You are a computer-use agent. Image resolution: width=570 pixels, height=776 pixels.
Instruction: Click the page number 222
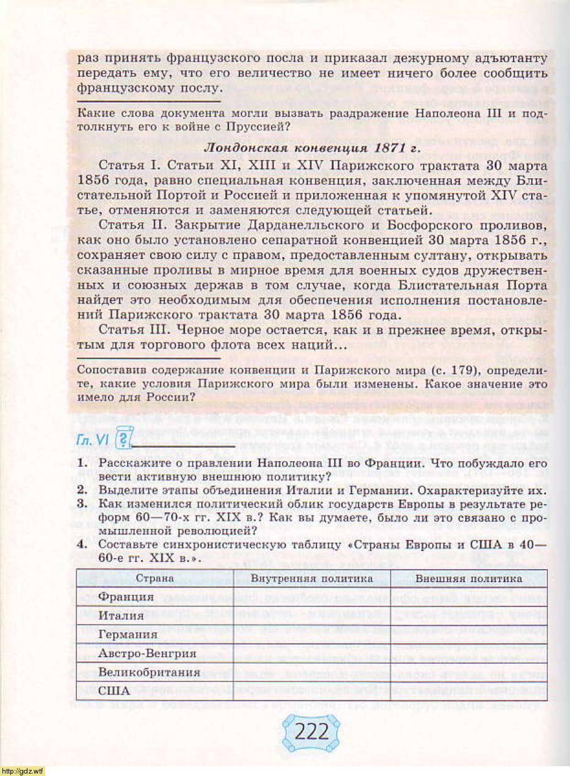tap(311, 731)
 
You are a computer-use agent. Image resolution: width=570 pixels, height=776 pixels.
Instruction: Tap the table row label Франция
tap(126, 597)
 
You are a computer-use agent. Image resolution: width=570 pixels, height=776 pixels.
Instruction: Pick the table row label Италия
tap(121, 616)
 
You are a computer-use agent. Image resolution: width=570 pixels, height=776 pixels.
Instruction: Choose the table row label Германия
tap(128, 634)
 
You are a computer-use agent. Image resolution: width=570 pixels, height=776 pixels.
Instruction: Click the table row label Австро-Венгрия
tap(147, 653)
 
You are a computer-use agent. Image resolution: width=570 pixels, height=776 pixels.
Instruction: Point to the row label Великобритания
tap(150, 672)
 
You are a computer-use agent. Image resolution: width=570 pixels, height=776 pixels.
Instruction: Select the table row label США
tap(114, 691)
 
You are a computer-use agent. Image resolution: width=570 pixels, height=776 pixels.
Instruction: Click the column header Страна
tap(154, 578)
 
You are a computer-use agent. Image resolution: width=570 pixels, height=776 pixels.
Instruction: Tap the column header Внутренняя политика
tap(312, 578)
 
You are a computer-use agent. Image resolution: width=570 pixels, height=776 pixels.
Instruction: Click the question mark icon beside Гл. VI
tap(124, 439)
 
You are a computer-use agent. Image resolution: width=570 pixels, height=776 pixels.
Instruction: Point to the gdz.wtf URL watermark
tap(23, 771)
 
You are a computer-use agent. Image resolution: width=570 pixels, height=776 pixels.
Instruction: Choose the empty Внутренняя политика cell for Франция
tap(312, 597)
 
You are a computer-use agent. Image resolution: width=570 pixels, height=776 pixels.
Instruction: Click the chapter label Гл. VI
tap(93, 440)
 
